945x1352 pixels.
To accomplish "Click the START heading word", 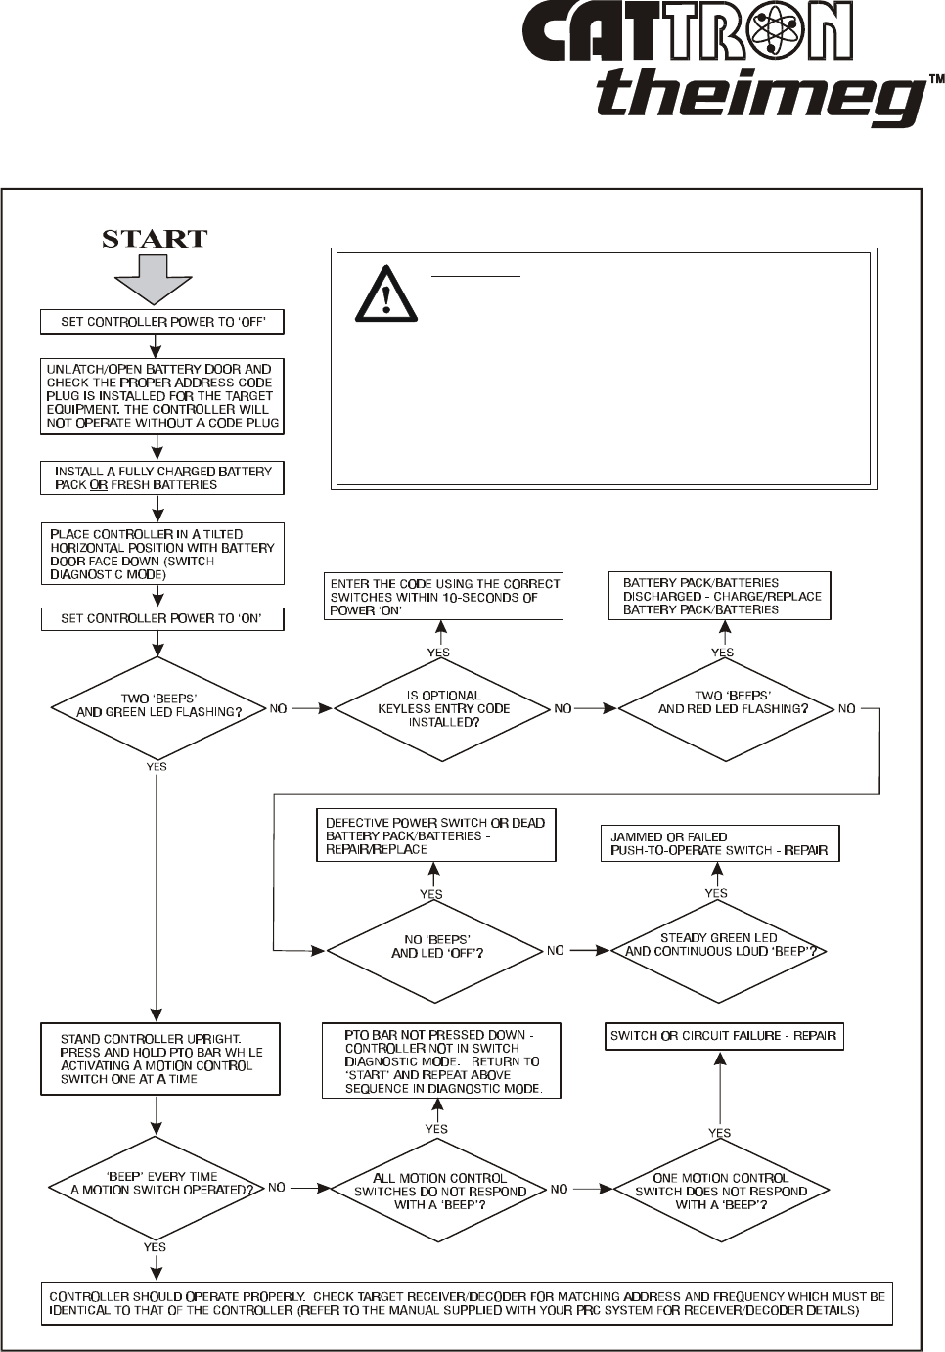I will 155,239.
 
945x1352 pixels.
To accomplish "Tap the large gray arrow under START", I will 155,279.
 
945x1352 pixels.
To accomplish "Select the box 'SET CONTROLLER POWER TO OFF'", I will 162,322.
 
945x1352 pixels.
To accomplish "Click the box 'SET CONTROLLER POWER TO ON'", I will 162,618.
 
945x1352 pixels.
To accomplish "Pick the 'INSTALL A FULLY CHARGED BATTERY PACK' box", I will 162,477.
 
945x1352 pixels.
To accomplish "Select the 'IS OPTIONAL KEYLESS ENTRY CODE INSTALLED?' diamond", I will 443,708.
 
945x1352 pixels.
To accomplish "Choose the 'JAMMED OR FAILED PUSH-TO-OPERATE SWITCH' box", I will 719,844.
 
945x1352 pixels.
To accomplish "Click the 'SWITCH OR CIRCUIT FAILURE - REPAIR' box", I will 723,1035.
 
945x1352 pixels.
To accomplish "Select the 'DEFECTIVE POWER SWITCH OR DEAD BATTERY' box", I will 435,835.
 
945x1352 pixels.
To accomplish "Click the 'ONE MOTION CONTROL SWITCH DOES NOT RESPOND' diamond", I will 721,1191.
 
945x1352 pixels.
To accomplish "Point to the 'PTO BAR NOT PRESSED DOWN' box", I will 441,1060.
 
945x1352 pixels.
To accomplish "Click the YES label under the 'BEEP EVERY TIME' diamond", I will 155,1247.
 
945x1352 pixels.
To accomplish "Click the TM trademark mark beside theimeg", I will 935,80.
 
